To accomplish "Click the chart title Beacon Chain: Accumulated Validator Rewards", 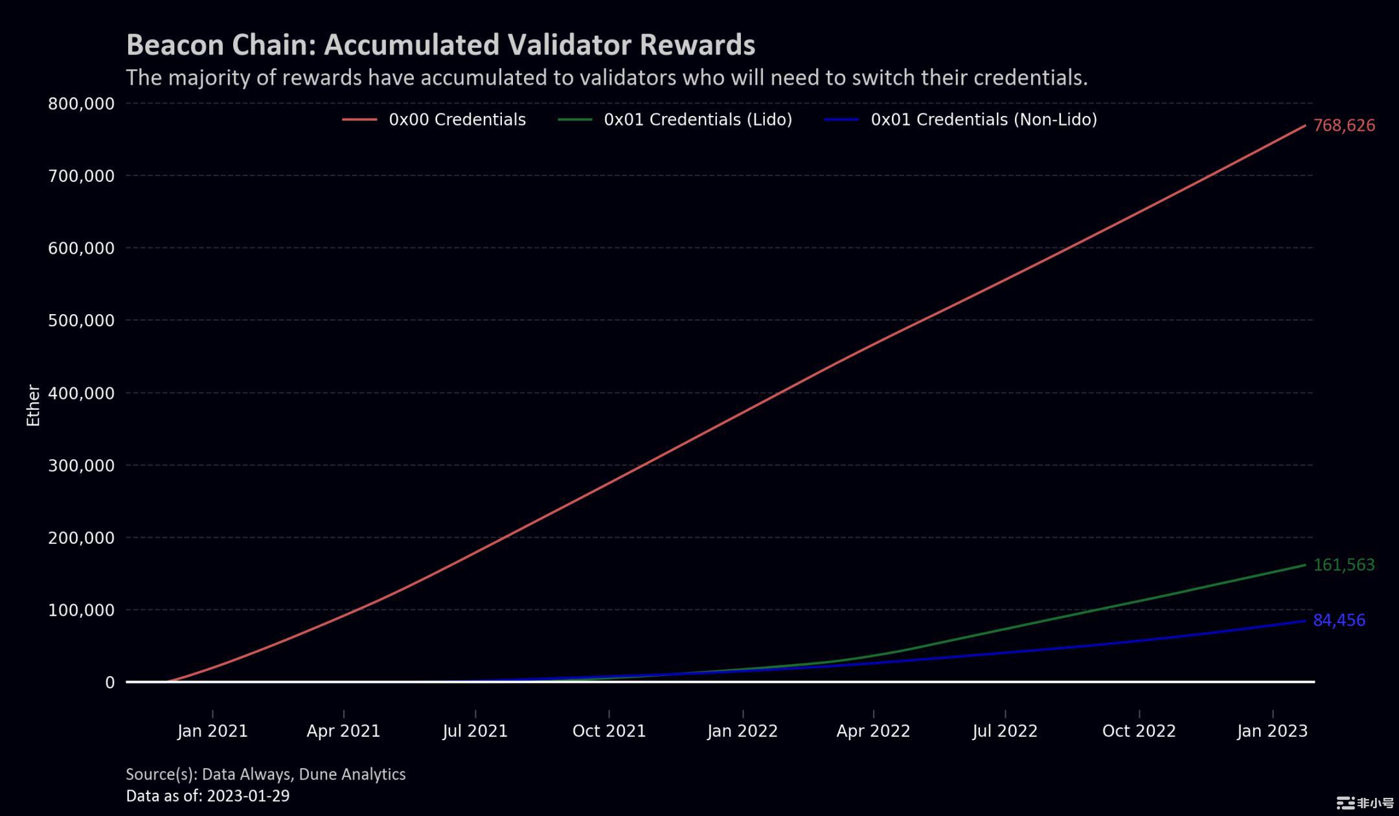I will (x=440, y=45).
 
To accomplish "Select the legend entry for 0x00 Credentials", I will (x=457, y=120).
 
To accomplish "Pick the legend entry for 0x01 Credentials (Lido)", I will (x=698, y=120).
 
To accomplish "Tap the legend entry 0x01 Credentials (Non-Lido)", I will (x=983, y=120).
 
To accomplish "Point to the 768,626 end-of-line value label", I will (x=1344, y=126).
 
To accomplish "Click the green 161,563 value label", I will (x=1343, y=565).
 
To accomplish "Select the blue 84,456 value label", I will (x=1339, y=620).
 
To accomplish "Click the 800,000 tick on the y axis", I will (x=81, y=104).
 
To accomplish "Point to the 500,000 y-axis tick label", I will (x=81, y=321).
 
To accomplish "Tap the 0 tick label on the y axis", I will (x=110, y=683).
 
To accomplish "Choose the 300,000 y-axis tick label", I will (x=81, y=466).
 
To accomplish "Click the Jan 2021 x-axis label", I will (x=212, y=731).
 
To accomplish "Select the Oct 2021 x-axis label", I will (x=609, y=731).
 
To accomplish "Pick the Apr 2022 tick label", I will (x=873, y=731).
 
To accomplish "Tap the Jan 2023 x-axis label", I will (x=1272, y=731).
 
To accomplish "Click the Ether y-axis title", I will (x=33, y=405).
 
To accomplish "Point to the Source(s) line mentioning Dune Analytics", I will (x=266, y=774).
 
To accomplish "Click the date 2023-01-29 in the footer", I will (x=247, y=796).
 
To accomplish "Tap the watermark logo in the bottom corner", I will (x=1365, y=803).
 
